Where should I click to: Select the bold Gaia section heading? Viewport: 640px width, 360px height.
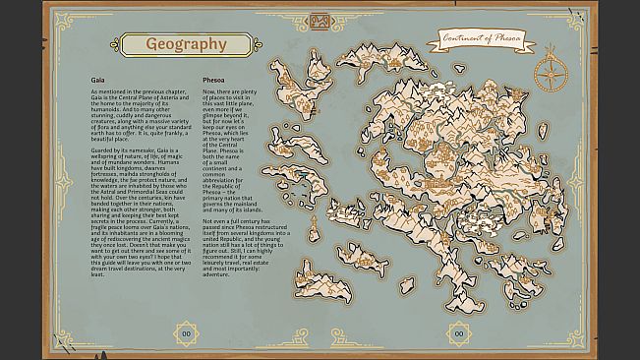[97, 78]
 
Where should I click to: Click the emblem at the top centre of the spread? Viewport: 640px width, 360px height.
[320, 21]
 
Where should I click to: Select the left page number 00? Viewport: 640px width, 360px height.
[183, 332]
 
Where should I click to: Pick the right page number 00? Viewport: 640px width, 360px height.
[457, 332]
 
